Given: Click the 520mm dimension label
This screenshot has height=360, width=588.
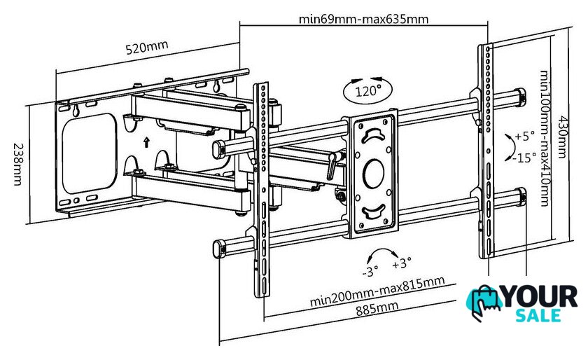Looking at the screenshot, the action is coord(146,48).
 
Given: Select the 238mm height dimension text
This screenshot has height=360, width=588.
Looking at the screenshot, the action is coord(17,164).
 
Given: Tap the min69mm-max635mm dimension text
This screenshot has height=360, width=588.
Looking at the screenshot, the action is coord(363,19).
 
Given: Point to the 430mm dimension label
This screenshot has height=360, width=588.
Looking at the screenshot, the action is coord(561,137).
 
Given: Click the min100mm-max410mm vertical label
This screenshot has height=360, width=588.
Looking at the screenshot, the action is coord(545,138).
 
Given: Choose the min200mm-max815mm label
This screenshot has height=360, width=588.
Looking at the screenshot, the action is coord(377,291).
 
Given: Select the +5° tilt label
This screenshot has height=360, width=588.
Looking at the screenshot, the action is coord(524,137).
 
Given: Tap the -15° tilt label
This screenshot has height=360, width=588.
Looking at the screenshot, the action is coord(524,158).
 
